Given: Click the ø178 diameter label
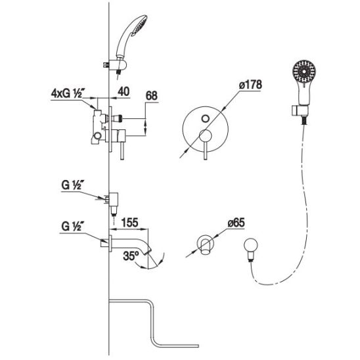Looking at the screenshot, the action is click(250, 85).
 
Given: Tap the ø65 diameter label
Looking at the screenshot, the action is click(236, 223).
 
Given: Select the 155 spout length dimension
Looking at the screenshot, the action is click(129, 223).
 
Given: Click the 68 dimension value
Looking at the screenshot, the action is click(152, 96).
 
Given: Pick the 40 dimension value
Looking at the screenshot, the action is click(124, 91).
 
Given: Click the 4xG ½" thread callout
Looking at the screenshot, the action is click(67, 94).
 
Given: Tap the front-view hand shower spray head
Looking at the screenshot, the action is click(304, 72).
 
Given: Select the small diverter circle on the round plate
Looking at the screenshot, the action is click(205, 119).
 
